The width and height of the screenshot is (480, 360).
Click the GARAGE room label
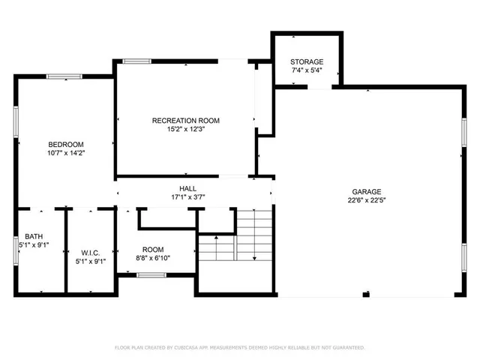coord(367,191)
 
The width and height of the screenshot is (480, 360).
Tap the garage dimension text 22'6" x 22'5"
coord(367,200)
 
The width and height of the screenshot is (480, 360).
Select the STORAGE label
coord(307,61)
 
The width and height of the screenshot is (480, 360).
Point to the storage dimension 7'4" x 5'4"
coord(307,70)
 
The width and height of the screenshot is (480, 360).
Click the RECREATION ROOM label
coord(186,120)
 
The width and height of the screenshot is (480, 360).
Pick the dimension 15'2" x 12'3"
coord(186,129)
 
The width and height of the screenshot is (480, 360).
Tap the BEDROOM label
coord(66,144)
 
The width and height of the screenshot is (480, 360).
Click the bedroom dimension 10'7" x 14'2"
coord(66,153)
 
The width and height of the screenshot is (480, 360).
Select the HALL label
coord(187,188)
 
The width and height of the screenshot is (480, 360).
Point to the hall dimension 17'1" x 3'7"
coord(187,197)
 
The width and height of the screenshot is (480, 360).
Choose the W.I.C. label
coord(90,253)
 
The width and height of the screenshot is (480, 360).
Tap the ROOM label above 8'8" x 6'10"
coord(153,249)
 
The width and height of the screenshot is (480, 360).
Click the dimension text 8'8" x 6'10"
coord(153,258)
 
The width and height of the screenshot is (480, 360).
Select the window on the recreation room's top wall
coord(136,61)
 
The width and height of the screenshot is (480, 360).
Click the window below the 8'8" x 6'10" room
coord(151,275)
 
